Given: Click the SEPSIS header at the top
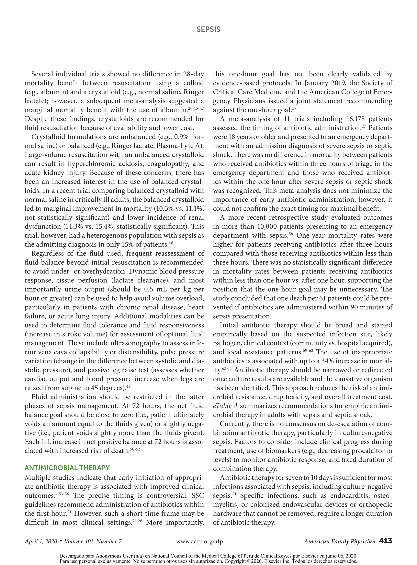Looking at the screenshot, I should coord(208,29).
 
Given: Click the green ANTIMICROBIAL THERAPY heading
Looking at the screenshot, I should coord(67,468).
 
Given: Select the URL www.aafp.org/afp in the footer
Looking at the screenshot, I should coord(199,541).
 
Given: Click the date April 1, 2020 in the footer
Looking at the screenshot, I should coord(41,541).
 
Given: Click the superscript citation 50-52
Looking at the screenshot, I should coord(135,449).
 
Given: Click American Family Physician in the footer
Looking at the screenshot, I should coord(339,541).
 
